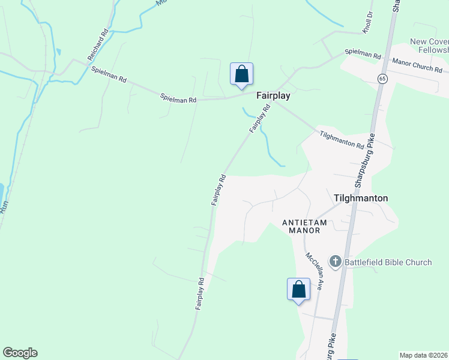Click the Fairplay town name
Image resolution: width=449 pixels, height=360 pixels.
[x=273, y=95]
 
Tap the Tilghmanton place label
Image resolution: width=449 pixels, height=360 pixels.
[x=360, y=198]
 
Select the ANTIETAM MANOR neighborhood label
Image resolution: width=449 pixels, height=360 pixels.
[x=304, y=226]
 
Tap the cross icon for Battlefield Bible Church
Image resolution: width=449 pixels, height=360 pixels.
[x=335, y=262]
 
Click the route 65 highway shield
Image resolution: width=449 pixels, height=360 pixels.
[x=382, y=79]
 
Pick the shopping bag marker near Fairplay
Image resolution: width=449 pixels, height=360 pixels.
[x=241, y=74]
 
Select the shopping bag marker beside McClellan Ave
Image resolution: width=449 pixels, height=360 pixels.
[x=298, y=290]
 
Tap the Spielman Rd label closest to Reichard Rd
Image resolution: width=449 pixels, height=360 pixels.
[x=109, y=74]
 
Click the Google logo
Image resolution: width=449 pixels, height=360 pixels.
[x=20, y=353]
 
